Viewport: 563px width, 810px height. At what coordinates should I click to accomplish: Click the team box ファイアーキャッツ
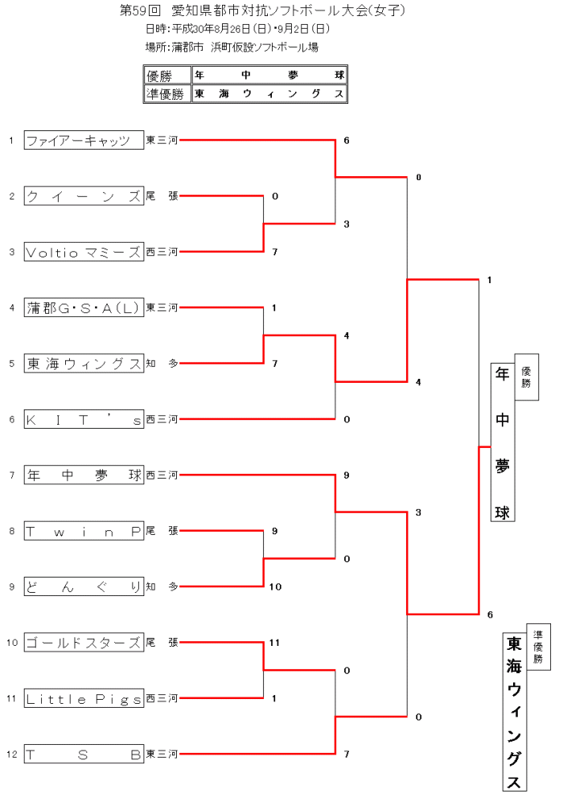84,141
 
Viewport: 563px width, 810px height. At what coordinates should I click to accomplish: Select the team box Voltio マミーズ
84,252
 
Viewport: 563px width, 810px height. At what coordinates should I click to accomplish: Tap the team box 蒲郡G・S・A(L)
84,307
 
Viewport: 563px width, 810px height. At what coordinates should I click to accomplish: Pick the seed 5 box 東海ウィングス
84,364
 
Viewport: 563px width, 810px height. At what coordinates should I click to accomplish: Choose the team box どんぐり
84,586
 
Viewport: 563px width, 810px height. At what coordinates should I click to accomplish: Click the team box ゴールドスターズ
84,643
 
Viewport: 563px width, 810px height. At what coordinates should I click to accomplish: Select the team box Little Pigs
84,699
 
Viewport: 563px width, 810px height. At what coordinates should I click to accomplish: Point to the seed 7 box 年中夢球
84,475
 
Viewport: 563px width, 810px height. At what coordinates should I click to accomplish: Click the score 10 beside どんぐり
275,586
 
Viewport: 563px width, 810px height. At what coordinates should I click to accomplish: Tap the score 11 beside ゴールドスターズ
274,643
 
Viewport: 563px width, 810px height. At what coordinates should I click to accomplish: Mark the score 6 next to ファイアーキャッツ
346,141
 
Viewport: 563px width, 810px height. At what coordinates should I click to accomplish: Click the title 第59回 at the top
142,10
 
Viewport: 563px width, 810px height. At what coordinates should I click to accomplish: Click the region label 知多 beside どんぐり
162,586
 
